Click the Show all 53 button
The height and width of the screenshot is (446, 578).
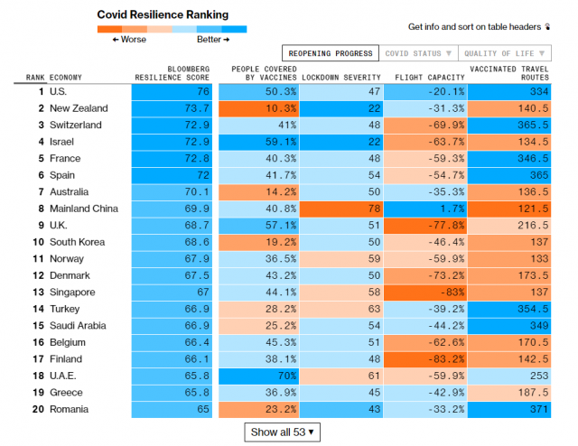tap(282, 432)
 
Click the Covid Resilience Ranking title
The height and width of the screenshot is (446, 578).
tap(163, 14)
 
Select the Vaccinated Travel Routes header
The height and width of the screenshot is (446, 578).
tap(509, 72)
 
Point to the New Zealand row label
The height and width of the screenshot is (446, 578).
tap(82, 108)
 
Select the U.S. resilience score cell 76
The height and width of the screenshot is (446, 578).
tap(173, 91)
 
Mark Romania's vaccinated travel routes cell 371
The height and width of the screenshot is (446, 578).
tap(509, 409)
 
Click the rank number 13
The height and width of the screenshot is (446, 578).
tap(38, 293)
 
